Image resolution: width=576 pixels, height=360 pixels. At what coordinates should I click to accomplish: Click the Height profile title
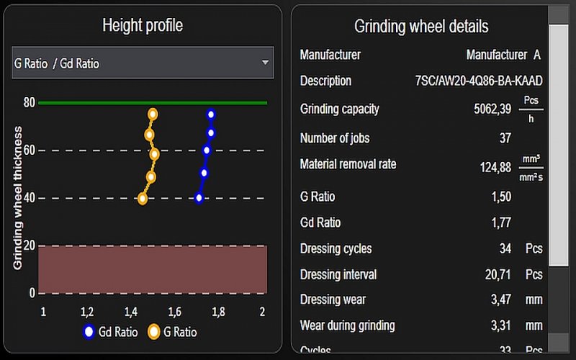143,26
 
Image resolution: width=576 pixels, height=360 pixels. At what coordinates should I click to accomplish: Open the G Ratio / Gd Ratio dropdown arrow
265,63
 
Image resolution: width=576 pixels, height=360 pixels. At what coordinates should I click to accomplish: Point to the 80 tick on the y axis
29,102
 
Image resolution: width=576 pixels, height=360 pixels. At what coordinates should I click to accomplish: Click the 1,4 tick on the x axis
130,312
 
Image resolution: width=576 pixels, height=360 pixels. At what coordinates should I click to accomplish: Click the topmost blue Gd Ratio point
211,114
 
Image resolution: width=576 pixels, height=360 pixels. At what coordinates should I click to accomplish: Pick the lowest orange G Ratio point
143,199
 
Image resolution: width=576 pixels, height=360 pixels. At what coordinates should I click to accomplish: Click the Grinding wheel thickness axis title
18,198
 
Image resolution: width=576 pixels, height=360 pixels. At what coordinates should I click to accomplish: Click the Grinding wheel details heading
421,27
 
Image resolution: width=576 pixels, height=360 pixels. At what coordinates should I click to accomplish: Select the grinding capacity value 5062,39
492,109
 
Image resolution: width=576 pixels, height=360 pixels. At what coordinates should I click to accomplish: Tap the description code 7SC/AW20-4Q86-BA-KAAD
479,81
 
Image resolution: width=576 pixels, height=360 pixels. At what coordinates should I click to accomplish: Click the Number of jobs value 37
505,138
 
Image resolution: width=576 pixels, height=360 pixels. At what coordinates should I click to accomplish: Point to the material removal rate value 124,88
495,167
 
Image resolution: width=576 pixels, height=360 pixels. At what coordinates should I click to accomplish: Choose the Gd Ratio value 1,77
501,223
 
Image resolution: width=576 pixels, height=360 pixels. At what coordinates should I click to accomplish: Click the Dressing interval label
338,274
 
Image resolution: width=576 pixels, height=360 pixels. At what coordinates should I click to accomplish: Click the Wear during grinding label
347,325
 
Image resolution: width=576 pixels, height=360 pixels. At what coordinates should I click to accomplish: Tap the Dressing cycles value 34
505,249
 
